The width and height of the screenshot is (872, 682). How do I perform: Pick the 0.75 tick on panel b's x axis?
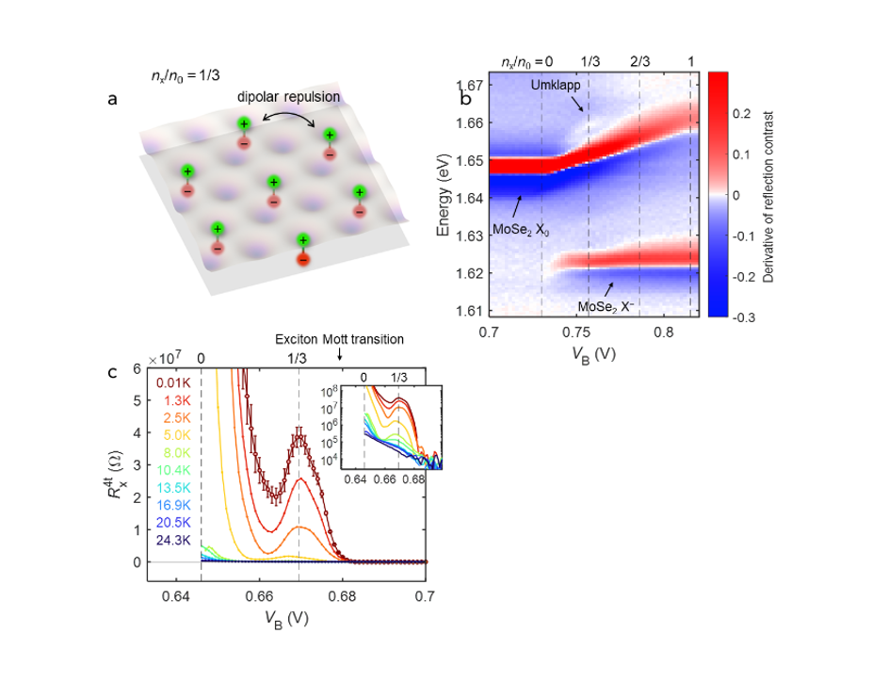click(x=576, y=333)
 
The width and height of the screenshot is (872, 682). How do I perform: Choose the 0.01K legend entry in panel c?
click(x=175, y=383)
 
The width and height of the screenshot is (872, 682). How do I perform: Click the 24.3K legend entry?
click(x=175, y=541)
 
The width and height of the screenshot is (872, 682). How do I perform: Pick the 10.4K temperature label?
click(x=175, y=471)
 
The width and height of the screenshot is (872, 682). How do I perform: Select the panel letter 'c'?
click(x=113, y=372)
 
